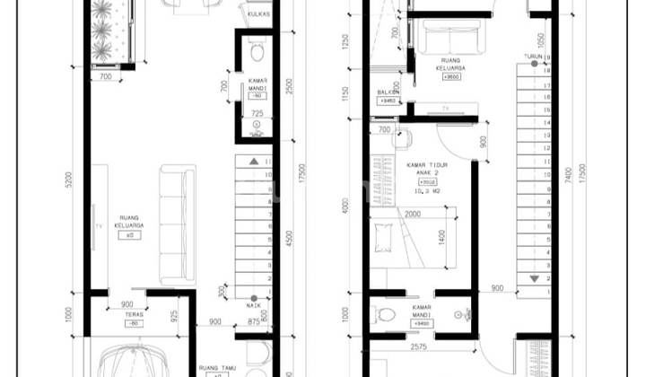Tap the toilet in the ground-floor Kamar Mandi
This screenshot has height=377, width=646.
(257, 49)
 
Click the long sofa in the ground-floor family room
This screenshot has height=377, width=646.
(177, 224)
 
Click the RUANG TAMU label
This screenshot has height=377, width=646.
(216, 367)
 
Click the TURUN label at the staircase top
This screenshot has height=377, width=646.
(535, 57)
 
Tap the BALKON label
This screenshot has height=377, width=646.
(388, 92)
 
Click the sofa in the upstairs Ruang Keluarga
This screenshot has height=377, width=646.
(447, 39)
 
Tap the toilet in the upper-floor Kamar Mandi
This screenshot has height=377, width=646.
(388, 316)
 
